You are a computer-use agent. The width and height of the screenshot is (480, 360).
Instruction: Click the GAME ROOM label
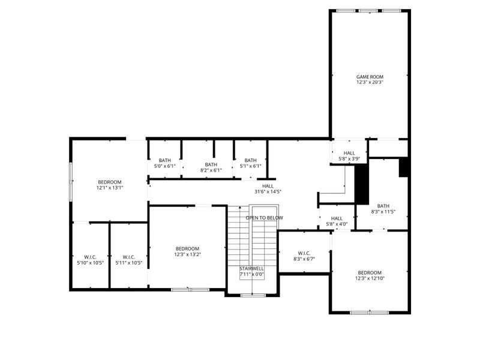click(x=370, y=77)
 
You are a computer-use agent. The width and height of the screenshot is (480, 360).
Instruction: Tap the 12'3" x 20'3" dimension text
click(x=370, y=82)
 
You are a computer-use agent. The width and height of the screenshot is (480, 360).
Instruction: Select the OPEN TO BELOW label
click(x=264, y=218)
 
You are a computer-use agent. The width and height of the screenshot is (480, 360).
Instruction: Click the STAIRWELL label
click(x=251, y=268)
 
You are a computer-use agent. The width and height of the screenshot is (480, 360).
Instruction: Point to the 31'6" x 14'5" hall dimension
click(x=268, y=192)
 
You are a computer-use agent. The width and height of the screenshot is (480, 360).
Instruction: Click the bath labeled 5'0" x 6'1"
click(x=165, y=163)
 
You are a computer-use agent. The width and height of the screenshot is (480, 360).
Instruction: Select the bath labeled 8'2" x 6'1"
click(x=211, y=167)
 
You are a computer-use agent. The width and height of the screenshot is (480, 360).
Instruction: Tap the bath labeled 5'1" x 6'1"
click(x=250, y=163)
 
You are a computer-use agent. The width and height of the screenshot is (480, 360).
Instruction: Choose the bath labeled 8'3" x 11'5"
click(x=383, y=209)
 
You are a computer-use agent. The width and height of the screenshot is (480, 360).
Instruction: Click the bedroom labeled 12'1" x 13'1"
click(x=110, y=185)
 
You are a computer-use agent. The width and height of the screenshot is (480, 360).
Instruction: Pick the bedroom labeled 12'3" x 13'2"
click(x=187, y=251)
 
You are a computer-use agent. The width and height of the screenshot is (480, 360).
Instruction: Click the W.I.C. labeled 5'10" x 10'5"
click(x=90, y=260)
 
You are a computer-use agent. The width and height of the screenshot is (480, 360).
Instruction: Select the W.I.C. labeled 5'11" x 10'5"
click(x=128, y=260)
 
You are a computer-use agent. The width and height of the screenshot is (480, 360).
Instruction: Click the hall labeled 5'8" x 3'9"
click(x=349, y=156)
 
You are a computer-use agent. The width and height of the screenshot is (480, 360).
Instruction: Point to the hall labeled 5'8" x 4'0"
click(x=337, y=221)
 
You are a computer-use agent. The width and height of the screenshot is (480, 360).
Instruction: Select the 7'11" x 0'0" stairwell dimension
click(x=251, y=274)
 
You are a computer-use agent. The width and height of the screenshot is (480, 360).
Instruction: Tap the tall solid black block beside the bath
click(x=362, y=184)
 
